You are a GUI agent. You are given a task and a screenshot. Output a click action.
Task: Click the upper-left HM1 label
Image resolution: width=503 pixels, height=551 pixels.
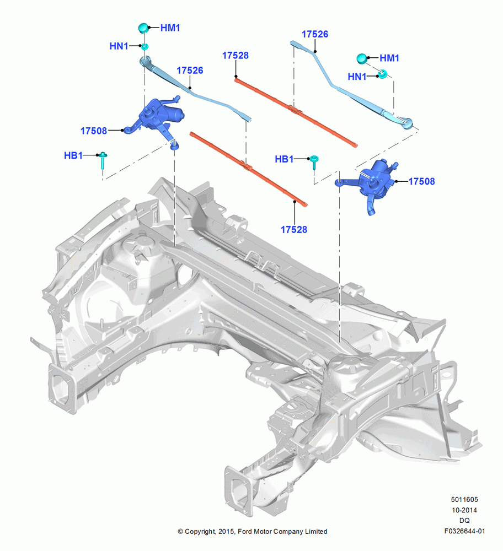click(170, 28)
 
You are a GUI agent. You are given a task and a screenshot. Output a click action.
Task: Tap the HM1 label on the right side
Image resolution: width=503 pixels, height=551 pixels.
click(389, 58)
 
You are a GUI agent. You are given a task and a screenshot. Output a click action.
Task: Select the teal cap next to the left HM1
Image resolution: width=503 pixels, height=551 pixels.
click(143, 28)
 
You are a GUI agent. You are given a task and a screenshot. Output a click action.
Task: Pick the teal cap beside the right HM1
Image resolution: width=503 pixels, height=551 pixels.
click(362, 59)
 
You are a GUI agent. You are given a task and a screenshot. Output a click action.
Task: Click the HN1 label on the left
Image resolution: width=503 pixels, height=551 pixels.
click(119, 46)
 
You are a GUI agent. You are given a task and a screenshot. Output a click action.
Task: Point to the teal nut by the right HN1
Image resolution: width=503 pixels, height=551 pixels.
click(382, 74)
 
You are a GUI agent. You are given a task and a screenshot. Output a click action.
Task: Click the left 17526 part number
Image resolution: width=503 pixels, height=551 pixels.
click(190, 71)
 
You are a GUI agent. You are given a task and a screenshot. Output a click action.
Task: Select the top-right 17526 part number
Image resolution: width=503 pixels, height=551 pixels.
click(315, 34)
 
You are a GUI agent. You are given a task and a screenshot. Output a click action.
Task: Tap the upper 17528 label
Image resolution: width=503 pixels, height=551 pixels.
click(236, 56)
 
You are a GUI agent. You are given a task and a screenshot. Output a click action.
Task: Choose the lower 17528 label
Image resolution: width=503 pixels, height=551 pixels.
click(294, 229)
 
